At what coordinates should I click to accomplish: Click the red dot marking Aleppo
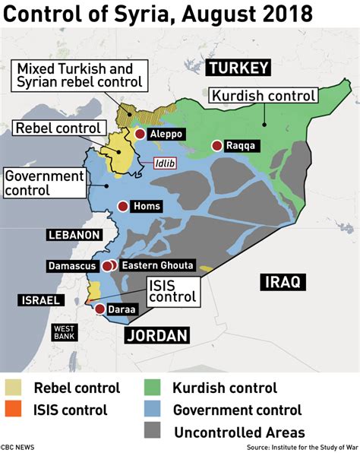[x=141, y=135]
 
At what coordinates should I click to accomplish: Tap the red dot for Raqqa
[x=217, y=145]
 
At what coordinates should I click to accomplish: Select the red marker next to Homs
[x=123, y=206]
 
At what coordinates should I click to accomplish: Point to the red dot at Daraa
[x=99, y=309]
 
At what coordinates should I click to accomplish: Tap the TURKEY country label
[x=238, y=68]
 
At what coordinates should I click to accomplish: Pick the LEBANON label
[x=74, y=234]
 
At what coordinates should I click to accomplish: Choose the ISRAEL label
[x=39, y=300]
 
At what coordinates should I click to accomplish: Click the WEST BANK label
[x=65, y=332]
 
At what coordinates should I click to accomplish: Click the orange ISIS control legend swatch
[x=14, y=410]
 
